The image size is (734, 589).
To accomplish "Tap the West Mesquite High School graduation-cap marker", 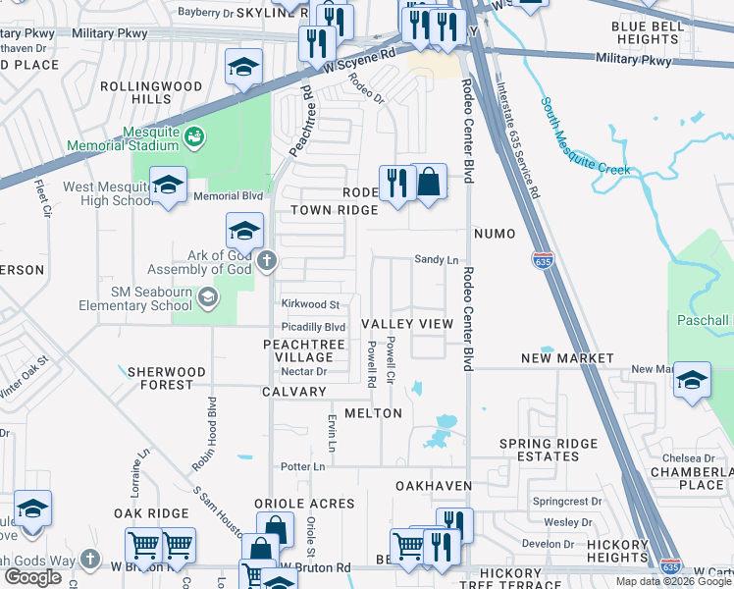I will pos(169,185).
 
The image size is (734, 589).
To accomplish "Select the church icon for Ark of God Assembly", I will pos(266,261).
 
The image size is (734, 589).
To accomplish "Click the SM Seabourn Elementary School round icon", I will pos(206,297).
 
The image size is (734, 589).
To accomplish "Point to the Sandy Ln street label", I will pos(437,260).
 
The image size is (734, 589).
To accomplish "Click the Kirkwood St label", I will pos(310,305).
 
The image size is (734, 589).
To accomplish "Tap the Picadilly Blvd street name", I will pos(313,327).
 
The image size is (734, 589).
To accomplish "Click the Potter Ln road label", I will pos(302,467).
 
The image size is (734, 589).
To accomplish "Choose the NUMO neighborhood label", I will pos(494,235).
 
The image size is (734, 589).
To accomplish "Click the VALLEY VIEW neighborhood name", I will pos(407,324).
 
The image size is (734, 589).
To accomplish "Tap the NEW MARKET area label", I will pos(567,359).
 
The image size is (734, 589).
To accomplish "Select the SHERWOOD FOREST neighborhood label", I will pos(161,379).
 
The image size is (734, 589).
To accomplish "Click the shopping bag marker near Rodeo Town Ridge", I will pos(429,182).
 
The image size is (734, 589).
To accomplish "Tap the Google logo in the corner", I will pos(32,576).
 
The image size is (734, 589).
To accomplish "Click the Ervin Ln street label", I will pos(332,433).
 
